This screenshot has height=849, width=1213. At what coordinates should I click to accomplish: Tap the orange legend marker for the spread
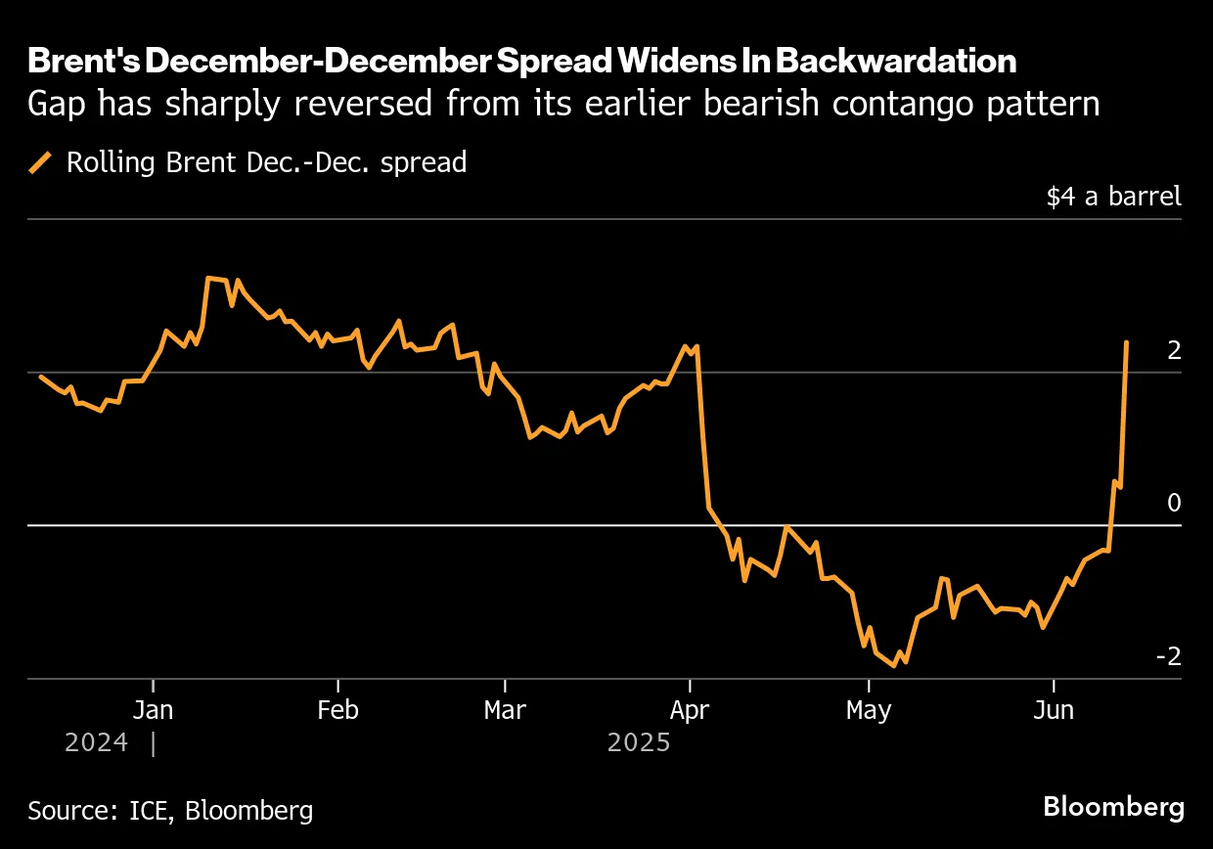tap(42, 162)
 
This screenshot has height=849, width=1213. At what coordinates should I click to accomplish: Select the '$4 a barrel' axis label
tap(1113, 196)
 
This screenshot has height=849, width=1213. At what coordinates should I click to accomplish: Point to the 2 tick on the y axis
tap(1173, 350)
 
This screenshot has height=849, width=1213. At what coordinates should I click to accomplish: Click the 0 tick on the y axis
tap(1173, 503)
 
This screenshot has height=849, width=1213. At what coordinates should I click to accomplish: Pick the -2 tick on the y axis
tap(1168, 655)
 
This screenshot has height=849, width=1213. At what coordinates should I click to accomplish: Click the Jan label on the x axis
tap(153, 710)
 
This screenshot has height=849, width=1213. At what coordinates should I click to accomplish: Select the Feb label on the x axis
tap(337, 710)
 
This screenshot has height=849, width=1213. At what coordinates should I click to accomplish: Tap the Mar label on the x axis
tap(505, 710)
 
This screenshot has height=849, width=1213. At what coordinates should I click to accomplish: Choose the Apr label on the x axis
tap(690, 710)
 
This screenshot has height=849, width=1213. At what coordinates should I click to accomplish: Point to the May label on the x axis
tap(869, 710)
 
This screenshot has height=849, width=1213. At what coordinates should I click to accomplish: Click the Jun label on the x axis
tap(1053, 710)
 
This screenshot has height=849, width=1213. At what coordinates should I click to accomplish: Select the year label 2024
tap(96, 743)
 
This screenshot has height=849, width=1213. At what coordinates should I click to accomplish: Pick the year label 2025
tap(639, 743)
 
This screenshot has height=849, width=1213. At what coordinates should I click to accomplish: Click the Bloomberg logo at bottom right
tap(1113, 808)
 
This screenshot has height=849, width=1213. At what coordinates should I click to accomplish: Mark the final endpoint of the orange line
tap(1127, 342)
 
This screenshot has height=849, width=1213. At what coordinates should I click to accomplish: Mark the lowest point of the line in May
tap(894, 666)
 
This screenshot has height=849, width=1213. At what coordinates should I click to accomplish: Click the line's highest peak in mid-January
tap(208, 279)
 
